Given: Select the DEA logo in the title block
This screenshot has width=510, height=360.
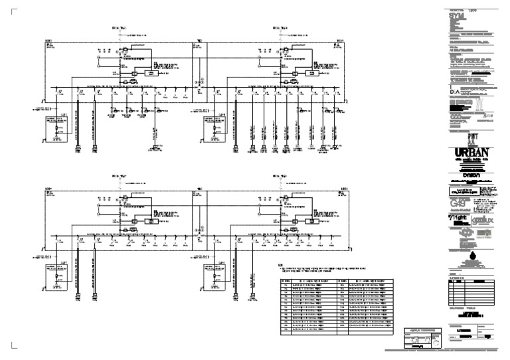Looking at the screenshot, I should (454, 92).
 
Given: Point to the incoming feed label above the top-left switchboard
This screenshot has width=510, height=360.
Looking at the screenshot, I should (119, 28).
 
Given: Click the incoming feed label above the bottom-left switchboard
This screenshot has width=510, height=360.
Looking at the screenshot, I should (119, 177).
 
